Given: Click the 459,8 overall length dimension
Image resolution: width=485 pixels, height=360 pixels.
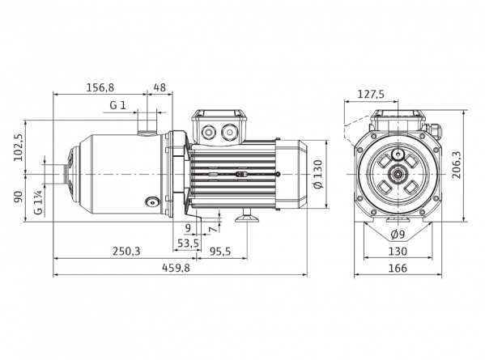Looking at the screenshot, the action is point(176,268).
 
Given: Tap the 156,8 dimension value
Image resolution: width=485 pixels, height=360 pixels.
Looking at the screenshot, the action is point(100,87).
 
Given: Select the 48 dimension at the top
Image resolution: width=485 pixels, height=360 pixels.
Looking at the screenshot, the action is point(160,87).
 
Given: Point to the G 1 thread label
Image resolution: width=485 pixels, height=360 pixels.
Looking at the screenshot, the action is point(118,105).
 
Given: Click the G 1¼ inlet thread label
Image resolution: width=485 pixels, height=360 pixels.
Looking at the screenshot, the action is point(38,202).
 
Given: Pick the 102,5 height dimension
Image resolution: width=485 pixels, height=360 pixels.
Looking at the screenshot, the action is point(19,147).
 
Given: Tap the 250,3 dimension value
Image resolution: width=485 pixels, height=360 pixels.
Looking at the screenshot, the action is point(126,252).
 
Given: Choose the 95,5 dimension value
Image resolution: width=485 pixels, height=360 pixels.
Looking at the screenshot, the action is point(220,252).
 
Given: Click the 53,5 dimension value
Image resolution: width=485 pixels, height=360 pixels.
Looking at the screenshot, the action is point(188,244).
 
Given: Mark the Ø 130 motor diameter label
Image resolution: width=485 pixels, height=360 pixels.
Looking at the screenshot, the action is point(317,174).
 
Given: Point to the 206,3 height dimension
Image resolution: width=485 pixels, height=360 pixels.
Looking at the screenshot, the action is point(456,165).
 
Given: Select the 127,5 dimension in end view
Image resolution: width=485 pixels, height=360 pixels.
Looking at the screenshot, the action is point(371,94).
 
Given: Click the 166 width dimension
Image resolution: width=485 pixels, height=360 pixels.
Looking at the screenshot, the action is point(398,268).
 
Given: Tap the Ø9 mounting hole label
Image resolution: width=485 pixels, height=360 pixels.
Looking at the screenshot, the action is point(398,235).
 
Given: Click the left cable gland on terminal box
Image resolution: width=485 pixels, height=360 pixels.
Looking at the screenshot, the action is point(207,132).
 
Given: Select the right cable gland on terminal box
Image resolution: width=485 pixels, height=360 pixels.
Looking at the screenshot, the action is point(229,132).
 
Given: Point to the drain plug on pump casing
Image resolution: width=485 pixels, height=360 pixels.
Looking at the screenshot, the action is point(152,202).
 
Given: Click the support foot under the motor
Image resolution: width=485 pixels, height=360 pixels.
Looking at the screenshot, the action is point(247,216).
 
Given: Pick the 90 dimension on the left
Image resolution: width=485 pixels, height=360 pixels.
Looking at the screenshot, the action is point(19,197).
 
